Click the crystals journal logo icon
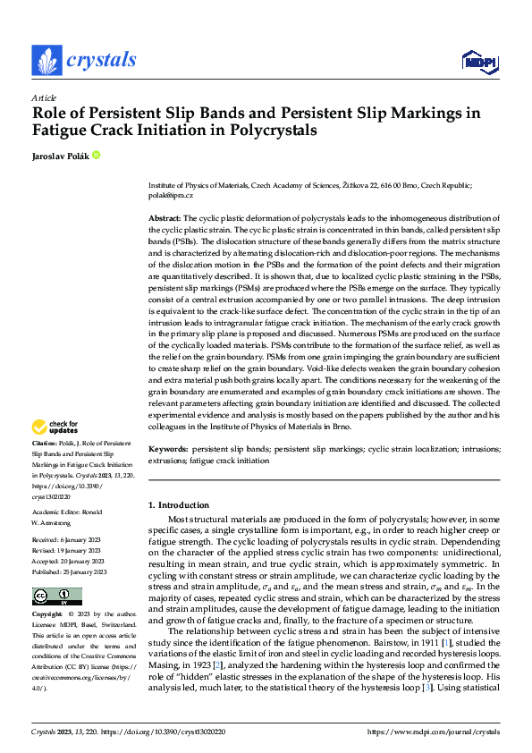point(46,60)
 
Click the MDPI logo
point(478,60)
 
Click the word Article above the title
point(44,97)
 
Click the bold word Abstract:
point(165,218)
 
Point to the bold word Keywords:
point(167,449)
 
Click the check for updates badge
point(55,427)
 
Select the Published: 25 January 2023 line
point(69,572)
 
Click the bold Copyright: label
point(48,615)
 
